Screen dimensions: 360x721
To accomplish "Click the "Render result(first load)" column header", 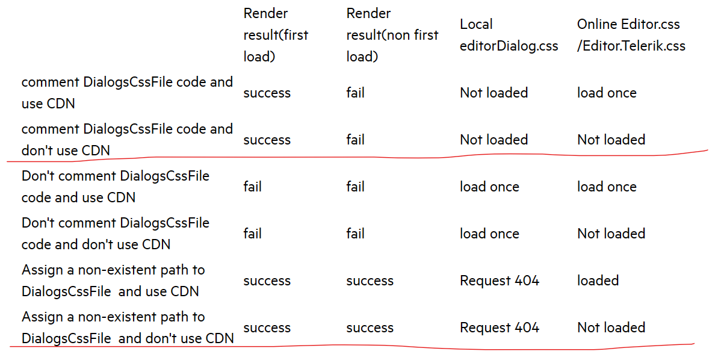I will click(276, 35).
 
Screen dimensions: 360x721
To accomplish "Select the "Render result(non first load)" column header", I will click(392, 35).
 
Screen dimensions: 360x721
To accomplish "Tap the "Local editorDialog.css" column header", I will click(509, 35).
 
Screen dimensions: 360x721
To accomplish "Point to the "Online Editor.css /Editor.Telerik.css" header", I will click(631, 35).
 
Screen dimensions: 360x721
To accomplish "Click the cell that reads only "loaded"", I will click(598, 281).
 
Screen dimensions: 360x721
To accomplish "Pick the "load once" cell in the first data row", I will click(607, 93).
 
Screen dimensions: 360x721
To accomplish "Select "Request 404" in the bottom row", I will click(500, 327).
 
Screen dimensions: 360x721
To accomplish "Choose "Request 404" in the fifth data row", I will click(500, 281).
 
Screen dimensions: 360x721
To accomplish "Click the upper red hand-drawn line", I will click(361, 158).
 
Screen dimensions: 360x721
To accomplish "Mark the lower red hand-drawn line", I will click(361, 346).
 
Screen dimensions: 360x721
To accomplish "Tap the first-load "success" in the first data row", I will click(267, 93).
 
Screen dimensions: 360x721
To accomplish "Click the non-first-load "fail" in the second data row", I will click(355, 140).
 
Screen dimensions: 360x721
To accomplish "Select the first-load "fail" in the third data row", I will click(252, 187).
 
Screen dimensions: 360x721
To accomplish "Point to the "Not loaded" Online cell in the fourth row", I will click(611, 234).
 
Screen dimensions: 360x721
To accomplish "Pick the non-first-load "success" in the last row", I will click(370, 327).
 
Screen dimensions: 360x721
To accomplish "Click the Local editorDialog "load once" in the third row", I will click(489, 187).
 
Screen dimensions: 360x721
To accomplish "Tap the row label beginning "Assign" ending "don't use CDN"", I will click(128, 327).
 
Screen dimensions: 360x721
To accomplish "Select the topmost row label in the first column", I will click(127, 93).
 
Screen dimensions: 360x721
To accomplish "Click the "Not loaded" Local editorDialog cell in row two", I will click(494, 140).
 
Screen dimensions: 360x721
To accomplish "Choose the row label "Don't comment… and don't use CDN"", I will click(116, 234).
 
